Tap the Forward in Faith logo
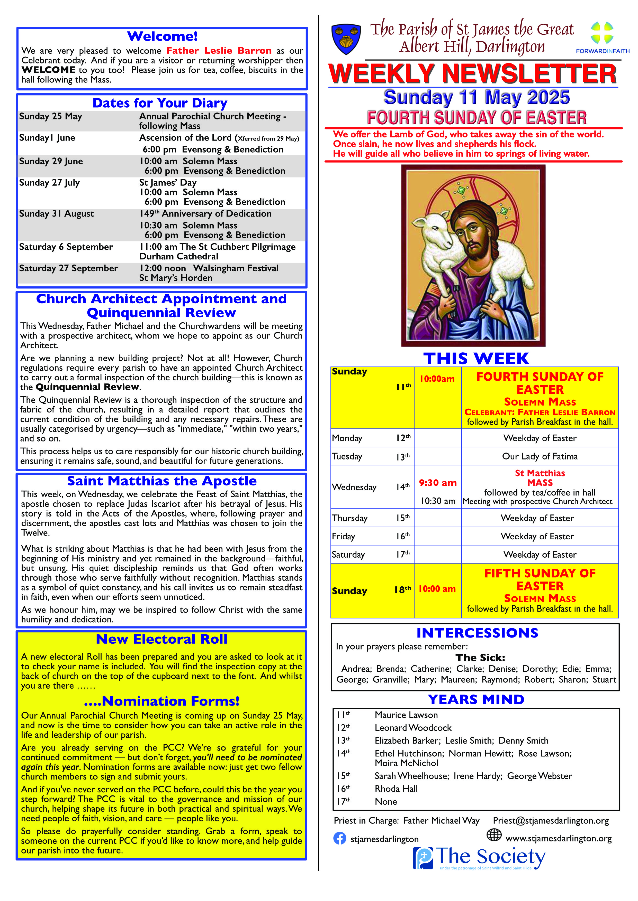602,37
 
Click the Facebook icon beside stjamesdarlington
339,838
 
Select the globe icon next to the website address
494,835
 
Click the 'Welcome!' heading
162,36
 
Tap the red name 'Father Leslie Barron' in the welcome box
219,51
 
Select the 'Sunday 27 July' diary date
49,183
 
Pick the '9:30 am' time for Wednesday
438,483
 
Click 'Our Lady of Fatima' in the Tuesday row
540,456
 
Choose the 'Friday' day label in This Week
343,537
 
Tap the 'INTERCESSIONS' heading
477,633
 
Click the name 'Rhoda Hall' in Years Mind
396,789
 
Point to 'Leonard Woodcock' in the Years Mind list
413,728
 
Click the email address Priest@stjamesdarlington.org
551,821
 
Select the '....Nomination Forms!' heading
162,701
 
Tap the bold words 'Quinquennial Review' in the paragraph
87,387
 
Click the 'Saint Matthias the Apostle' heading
162,481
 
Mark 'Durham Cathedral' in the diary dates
179,257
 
